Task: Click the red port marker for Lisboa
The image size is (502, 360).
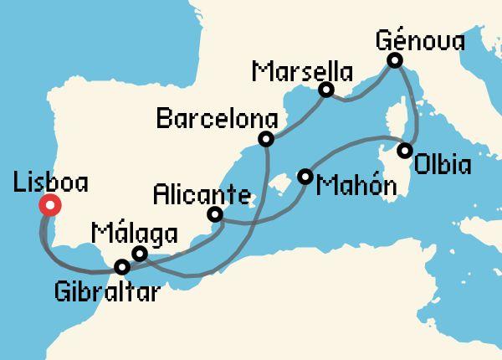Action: click(x=49, y=204)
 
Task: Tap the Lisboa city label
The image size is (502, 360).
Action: click(x=51, y=182)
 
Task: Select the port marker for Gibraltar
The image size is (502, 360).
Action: click(x=123, y=267)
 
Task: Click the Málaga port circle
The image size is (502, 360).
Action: click(x=140, y=253)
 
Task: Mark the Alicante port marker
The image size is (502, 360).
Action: click(x=215, y=214)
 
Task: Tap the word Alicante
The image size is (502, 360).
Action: click(x=201, y=195)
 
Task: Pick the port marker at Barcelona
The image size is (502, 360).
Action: click(x=266, y=139)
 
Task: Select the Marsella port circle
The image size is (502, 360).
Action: click(x=327, y=90)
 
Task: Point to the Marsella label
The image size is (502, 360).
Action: click(x=301, y=70)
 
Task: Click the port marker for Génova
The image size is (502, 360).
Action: click(x=394, y=60)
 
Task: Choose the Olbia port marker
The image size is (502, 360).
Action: click(x=405, y=152)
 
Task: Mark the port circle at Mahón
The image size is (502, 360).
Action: click(x=305, y=177)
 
